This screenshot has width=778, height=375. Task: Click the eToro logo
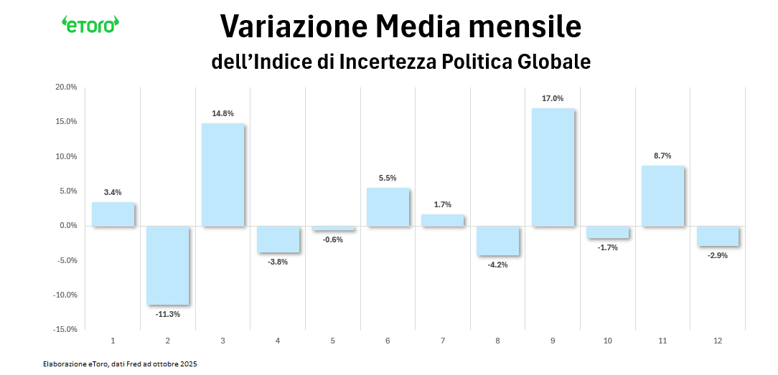[x=90, y=24]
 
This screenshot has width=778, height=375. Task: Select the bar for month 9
[x=553, y=167]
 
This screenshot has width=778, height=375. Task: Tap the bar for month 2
[x=168, y=265]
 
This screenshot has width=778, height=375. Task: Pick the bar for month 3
[x=222, y=175]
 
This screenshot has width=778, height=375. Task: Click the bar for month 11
[x=662, y=196]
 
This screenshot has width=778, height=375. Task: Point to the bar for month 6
[x=388, y=207]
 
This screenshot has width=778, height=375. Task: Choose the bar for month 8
[x=497, y=241]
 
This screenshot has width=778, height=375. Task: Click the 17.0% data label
[x=553, y=98]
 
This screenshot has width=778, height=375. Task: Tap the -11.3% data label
[x=168, y=314]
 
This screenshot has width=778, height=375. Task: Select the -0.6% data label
[x=332, y=239]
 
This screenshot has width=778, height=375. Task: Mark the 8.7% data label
[x=662, y=156]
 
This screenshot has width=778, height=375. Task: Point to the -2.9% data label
[x=717, y=255]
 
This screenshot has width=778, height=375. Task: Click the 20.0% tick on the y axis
[x=67, y=87]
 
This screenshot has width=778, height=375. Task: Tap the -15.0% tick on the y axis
[x=65, y=329]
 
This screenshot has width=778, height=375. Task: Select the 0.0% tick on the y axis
[x=68, y=226]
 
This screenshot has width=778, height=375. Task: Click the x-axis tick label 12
[x=717, y=341]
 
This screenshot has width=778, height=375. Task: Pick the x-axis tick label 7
[x=443, y=341]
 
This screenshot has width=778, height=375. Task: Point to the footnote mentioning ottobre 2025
[x=119, y=364]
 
